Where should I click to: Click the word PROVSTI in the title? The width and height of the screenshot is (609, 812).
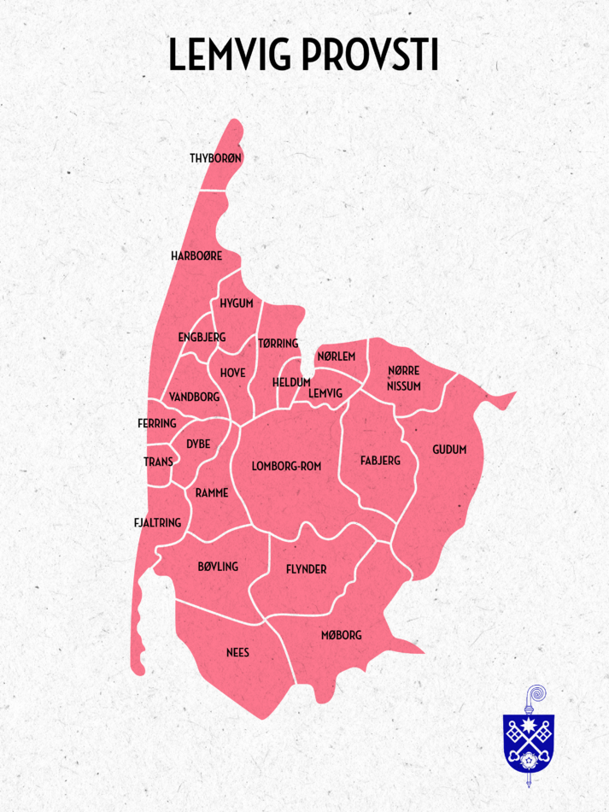369,54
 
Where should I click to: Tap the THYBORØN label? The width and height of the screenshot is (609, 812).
216,158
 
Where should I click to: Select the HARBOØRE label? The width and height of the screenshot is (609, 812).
196,256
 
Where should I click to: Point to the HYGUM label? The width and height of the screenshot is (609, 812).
236,303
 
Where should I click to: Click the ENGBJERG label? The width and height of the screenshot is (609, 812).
202,337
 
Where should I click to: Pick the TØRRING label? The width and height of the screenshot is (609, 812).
278,344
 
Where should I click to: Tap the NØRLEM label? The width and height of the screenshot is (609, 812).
336,356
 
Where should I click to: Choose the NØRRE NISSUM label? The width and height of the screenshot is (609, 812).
403,378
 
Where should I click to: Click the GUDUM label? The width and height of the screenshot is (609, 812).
449,449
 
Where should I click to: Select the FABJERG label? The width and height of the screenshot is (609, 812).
380,461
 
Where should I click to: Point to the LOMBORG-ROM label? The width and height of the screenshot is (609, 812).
286,466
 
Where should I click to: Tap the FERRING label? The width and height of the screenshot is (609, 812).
156,423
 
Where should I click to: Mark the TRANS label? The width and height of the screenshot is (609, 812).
158,462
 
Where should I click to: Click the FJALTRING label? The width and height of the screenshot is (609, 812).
157,522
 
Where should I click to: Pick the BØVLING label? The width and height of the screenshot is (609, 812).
218,566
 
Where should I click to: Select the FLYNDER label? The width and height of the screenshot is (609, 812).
306,569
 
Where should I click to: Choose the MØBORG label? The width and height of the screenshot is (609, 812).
341,635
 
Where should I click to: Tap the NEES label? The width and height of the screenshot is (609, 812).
237,652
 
